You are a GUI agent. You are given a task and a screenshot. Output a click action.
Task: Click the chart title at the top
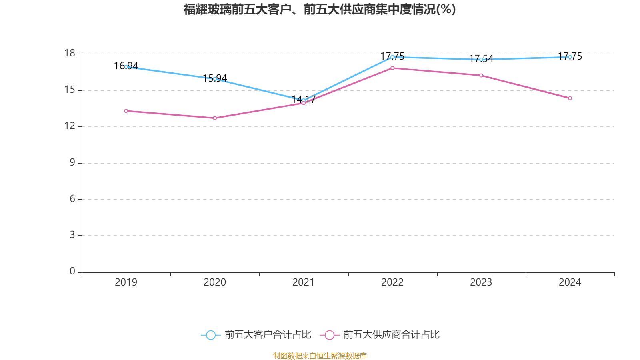pyautogui.click(x=320, y=10)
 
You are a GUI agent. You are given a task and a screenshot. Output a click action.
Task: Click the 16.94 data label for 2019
pyautogui.click(x=126, y=66)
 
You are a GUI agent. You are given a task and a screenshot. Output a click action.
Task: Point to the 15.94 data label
pyautogui.click(x=215, y=78)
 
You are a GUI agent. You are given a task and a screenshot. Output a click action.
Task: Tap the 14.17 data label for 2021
pyautogui.click(x=304, y=99)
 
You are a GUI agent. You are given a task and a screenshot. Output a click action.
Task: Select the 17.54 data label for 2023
pyautogui.click(x=481, y=59)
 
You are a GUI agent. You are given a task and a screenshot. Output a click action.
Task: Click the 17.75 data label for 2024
pyautogui.click(x=570, y=56)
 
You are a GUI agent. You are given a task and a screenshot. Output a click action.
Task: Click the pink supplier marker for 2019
pyautogui.click(x=126, y=111)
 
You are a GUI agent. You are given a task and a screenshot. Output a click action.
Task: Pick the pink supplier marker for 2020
pyautogui.click(x=215, y=118)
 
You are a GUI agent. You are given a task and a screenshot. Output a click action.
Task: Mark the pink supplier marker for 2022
pyautogui.click(x=392, y=68)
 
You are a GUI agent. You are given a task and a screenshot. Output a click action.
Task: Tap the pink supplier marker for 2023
pyautogui.click(x=481, y=76)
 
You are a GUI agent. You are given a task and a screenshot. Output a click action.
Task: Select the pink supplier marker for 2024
pyautogui.click(x=570, y=98)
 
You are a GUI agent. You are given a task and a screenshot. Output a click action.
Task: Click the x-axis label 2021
pyautogui.click(x=304, y=282)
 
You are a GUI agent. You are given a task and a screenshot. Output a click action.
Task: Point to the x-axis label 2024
pyautogui.click(x=570, y=282)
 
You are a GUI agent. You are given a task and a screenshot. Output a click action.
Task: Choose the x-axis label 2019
pyautogui.click(x=126, y=282)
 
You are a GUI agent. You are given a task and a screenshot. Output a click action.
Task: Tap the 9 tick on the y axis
pyautogui.click(x=72, y=162)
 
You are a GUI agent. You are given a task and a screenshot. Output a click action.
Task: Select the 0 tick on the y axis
pyautogui.click(x=72, y=272)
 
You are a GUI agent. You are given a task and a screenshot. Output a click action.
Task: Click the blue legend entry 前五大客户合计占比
pyautogui.click(x=256, y=335)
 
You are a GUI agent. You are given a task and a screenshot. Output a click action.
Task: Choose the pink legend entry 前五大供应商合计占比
pyautogui.click(x=380, y=335)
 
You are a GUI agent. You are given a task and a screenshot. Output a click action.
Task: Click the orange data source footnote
pyautogui.click(x=320, y=356)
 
